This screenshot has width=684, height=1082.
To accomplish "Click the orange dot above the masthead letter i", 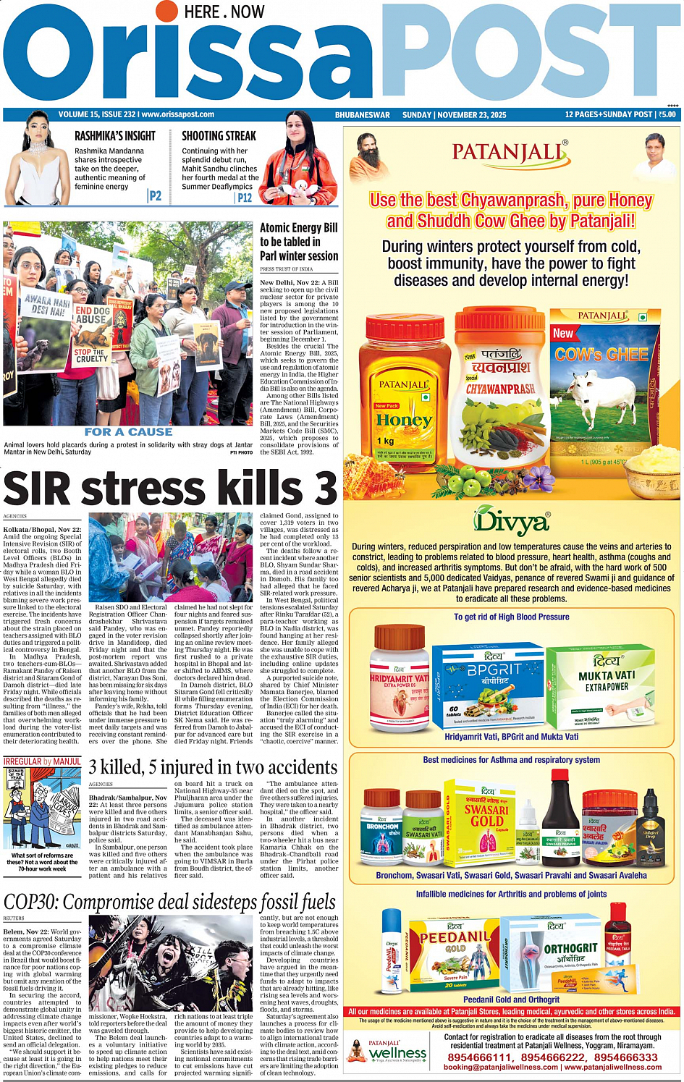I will click(167, 10).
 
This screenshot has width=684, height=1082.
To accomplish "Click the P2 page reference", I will click(155, 195).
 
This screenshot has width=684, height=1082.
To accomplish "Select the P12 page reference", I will click(245, 197).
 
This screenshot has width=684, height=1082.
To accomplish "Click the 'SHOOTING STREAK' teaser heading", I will click(219, 135).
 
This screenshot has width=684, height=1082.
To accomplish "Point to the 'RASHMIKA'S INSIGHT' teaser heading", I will click(115, 135).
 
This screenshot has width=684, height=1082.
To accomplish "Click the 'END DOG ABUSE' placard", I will click(92, 314).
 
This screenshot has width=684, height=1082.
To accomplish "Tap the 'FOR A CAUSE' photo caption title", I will click(128, 432).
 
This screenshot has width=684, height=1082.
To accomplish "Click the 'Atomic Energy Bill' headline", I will click(299, 241).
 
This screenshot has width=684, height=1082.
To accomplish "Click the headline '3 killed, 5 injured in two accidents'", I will click(213, 766).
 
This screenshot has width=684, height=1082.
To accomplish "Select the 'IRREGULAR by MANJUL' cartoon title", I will click(42, 761).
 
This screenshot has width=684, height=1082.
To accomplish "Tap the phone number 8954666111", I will click(480, 1057).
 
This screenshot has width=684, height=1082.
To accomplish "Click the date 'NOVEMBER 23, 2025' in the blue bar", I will click(471, 115).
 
